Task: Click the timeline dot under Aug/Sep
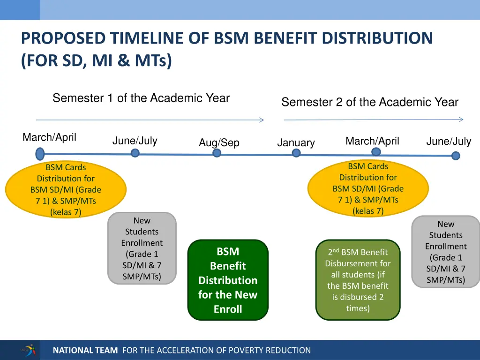[x=217, y=153]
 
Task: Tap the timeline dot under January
[x=296, y=153]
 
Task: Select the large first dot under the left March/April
[x=40, y=153]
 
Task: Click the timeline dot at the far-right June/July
[x=456, y=156]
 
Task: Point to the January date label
[x=296, y=142]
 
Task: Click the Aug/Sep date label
[x=219, y=142]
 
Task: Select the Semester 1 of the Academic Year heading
[x=141, y=98]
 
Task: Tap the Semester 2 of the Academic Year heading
[x=370, y=102]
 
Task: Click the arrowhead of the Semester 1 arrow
[x=262, y=120]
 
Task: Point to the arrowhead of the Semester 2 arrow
[x=461, y=120]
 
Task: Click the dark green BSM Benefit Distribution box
[x=228, y=280]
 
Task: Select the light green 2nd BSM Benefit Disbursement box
[x=358, y=280]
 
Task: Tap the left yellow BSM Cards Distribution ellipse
[x=66, y=189]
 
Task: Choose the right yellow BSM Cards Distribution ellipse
[x=368, y=188]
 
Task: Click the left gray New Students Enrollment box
[x=142, y=248]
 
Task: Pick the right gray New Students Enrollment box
[x=446, y=252]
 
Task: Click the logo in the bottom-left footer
[x=28, y=350]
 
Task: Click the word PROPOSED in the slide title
[x=63, y=38]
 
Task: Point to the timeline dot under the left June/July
[x=135, y=153]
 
